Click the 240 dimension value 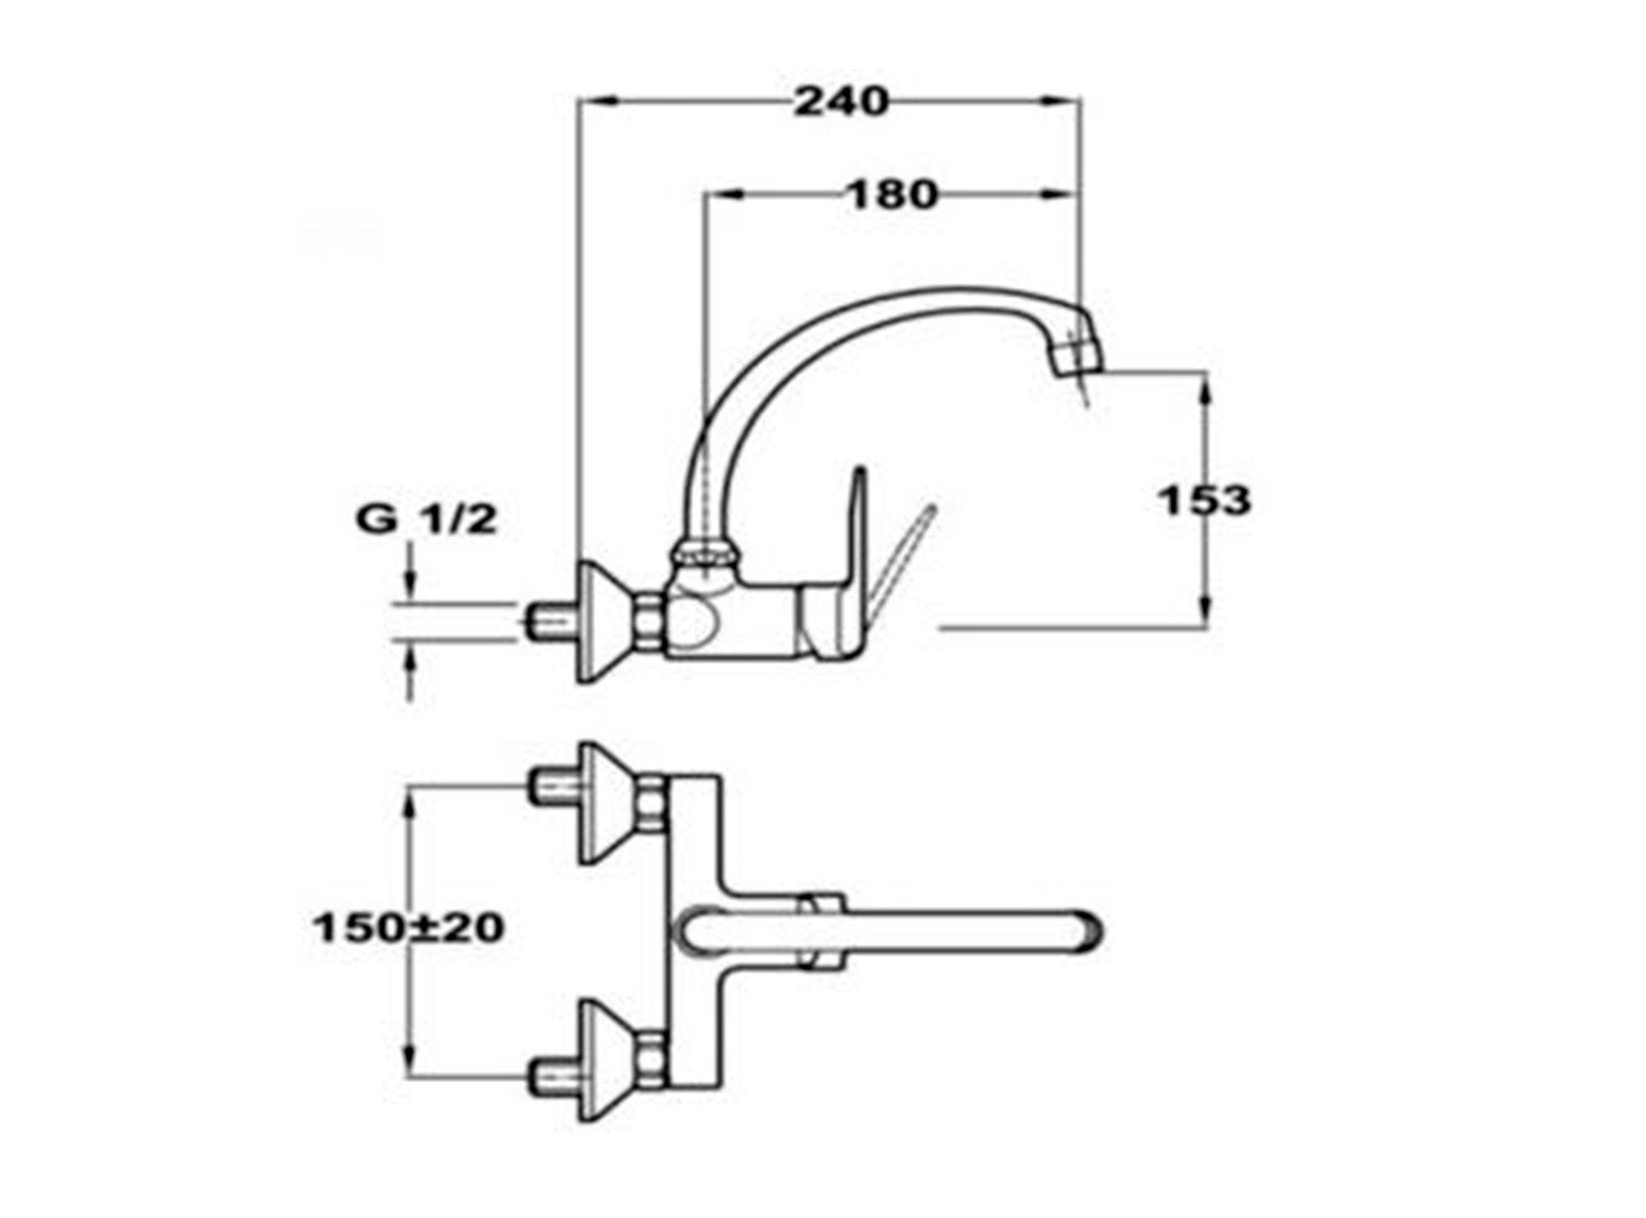tap(841, 102)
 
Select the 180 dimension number tap(893, 195)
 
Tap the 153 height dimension tap(1204, 500)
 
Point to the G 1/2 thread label tap(426, 520)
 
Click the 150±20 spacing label tap(408, 928)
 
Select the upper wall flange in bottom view tap(610, 803)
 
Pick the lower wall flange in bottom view tap(610, 1060)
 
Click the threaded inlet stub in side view tap(552, 622)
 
